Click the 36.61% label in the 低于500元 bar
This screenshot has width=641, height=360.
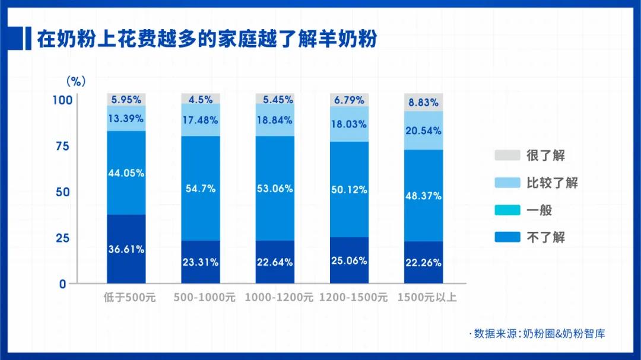pyautogui.click(x=126, y=249)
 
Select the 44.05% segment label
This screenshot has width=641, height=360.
pyautogui.click(x=126, y=173)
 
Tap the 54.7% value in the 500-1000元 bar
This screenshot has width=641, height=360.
pyautogui.click(x=200, y=189)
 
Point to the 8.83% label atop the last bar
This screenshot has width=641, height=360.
pyautogui.click(x=423, y=102)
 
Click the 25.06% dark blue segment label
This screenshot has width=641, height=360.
pyautogui.click(x=349, y=260)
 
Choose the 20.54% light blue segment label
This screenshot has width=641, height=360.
pyautogui.click(x=423, y=131)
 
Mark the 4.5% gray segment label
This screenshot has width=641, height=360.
pyautogui.click(x=200, y=100)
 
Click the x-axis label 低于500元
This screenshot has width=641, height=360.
pyautogui.click(x=129, y=297)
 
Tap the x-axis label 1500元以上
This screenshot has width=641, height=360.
pyautogui.click(x=427, y=297)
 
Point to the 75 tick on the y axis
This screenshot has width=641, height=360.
pyautogui.click(x=62, y=146)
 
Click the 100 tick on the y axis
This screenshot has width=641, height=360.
pyautogui.click(x=62, y=100)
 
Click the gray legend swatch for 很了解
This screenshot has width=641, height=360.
pyautogui.click(x=506, y=156)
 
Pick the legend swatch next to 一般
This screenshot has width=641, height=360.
pyautogui.click(x=506, y=210)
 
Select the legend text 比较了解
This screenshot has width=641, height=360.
pyautogui.click(x=552, y=183)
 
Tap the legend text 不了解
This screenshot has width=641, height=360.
pyautogui.click(x=545, y=237)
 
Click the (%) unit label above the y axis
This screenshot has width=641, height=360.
pyautogui.click(x=75, y=81)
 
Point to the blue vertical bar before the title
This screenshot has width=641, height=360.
pyautogui.click(x=28, y=39)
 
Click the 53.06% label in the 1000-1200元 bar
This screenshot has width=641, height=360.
pyautogui.click(x=275, y=189)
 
